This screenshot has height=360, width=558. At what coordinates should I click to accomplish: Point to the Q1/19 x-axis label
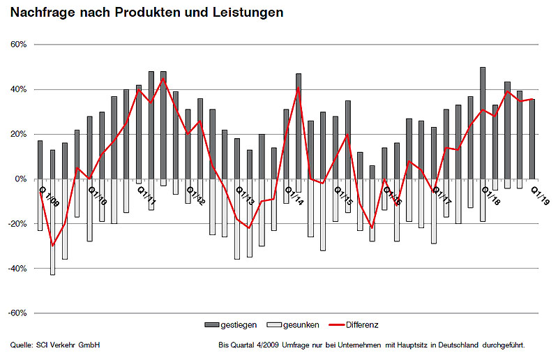pyautogui.click(x=540, y=192)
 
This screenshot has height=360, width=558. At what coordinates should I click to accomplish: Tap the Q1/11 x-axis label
pyautogui.click(x=146, y=192)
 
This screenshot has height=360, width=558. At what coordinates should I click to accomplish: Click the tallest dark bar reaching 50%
pyautogui.click(x=483, y=123)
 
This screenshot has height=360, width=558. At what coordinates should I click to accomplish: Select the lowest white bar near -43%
pyautogui.click(x=52, y=227)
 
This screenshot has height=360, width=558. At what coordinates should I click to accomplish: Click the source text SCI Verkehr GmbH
pyautogui.click(x=65, y=345)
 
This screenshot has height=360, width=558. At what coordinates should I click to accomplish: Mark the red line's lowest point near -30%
pyautogui.click(x=52, y=246)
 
